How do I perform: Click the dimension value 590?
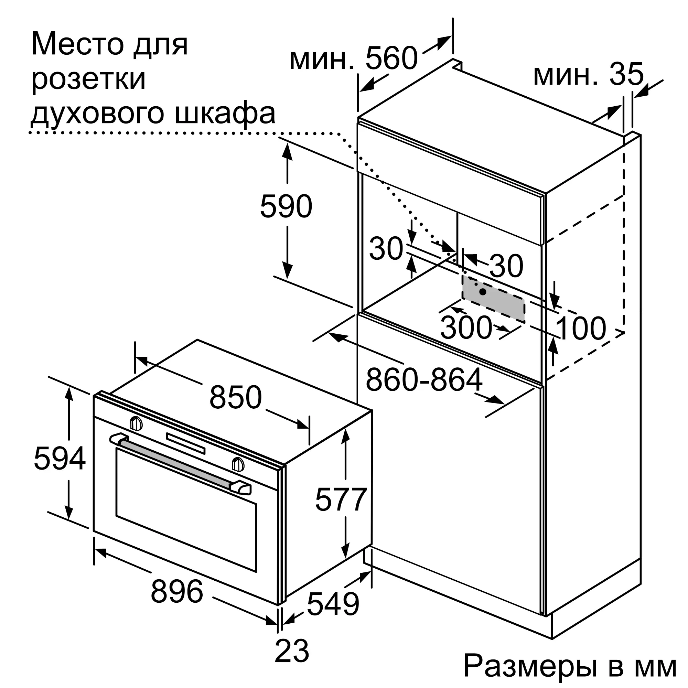286,206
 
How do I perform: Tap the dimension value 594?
60,458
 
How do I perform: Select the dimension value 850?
235,397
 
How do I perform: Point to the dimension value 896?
176,591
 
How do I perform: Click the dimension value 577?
341,499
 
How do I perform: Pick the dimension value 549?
333,604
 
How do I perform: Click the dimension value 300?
466,327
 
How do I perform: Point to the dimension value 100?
581,328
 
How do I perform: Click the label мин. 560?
353,58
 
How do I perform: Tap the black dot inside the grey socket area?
483,292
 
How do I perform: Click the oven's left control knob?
136,423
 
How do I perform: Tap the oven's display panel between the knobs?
185,443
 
